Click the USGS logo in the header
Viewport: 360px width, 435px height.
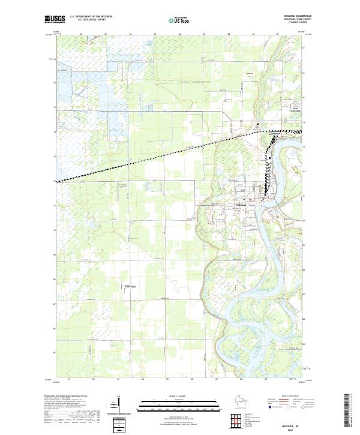55,20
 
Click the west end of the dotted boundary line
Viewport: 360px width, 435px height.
58,181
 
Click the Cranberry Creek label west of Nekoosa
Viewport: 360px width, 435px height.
124,185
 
